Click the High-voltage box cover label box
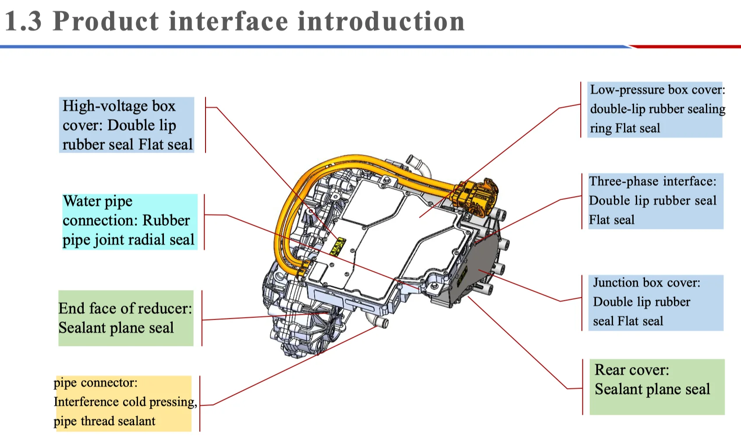tap(127, 125)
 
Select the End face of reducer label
tap(126, 318)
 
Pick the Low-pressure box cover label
tap(654, 109)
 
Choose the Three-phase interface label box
tap(655, 201)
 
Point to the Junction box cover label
tap(655, 302)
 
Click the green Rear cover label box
tap(656, 386)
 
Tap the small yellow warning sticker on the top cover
tap(338, 246)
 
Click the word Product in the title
tap(106, 21)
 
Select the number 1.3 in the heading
tap(23, 21)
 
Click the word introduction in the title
tap(381, 21)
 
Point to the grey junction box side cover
tap(482, 263)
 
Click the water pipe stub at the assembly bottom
tap(379, 323)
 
